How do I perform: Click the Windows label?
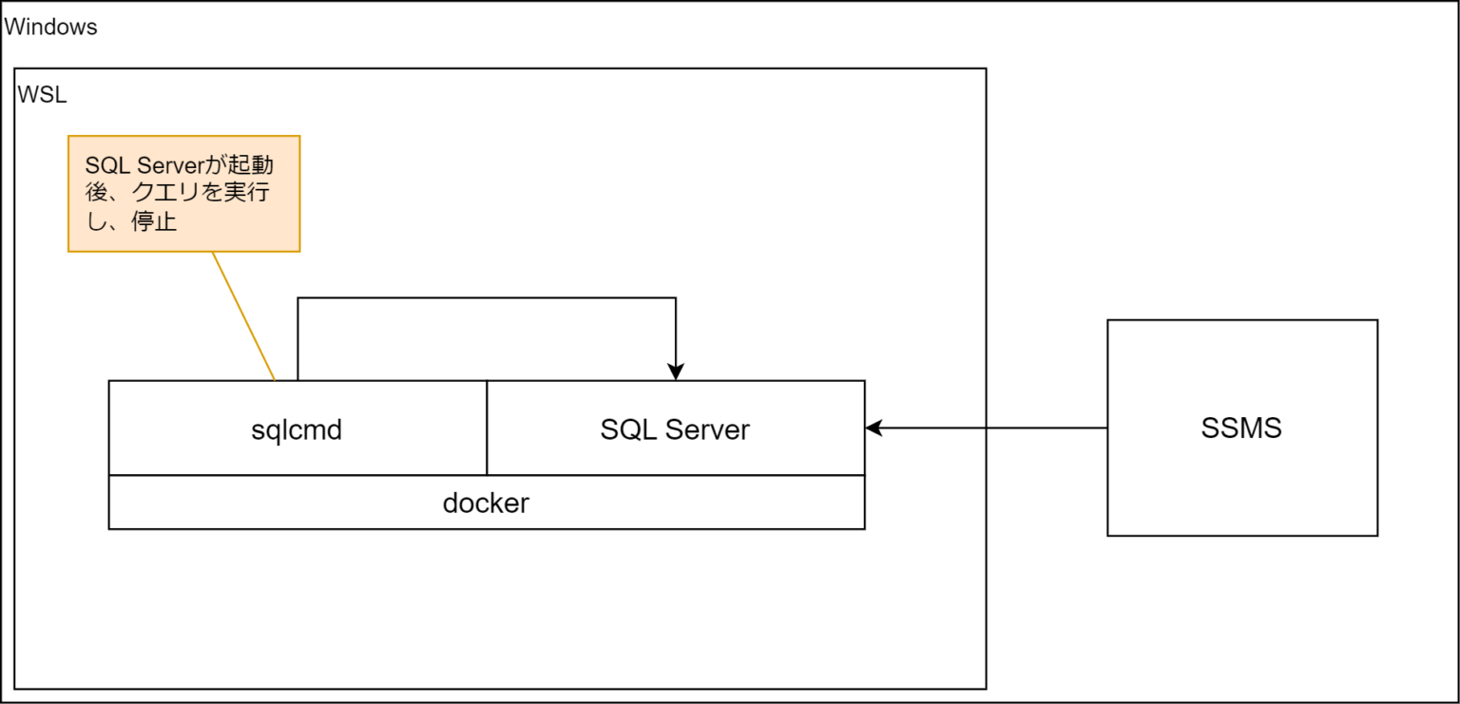[x=51, y=27]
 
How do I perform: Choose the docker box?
[x=486, y=503]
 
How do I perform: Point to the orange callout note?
[x=183, y=193]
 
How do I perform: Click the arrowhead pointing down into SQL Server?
[x=675, y=371]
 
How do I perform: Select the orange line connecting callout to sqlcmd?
[x=243, y=316]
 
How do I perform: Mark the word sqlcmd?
[x=297, y=429]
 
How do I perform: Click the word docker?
[x=486, y=503]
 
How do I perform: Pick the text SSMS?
[x=1241, y=428]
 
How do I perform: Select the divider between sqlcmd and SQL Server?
[x=487, y=428]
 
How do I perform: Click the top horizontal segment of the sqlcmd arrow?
[x=486, y=298]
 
